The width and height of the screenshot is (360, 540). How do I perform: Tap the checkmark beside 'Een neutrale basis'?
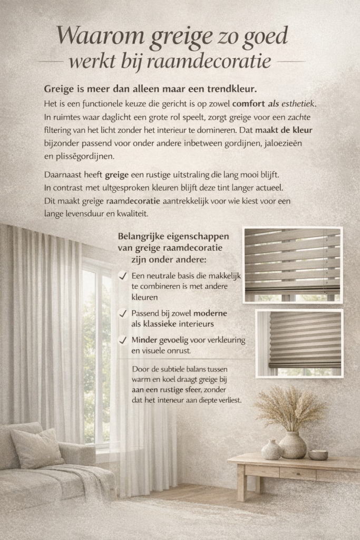123,276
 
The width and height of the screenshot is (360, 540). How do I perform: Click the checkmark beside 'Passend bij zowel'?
123,313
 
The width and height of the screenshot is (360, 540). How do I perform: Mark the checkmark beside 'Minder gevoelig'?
123,340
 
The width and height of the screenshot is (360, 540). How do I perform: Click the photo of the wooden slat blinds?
293,265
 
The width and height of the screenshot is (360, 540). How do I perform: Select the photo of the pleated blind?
299,343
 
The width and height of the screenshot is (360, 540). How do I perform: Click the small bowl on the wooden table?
318,455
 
